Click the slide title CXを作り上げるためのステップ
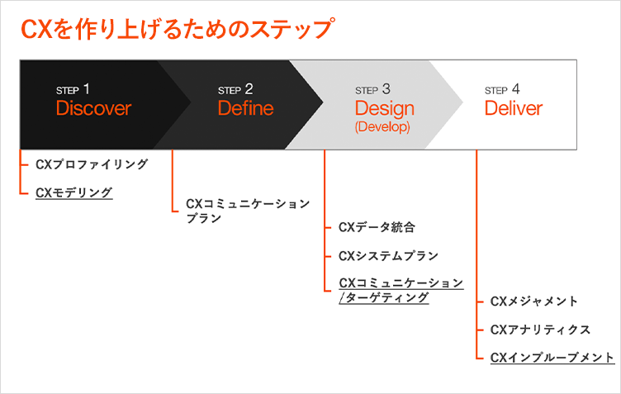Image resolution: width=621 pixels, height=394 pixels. (177, 30)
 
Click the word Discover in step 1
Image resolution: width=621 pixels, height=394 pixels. (93, 108)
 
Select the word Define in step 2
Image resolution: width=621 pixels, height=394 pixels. (245, 108)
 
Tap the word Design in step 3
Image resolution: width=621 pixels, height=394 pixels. (384, 108)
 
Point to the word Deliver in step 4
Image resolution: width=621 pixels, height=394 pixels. (514, 108)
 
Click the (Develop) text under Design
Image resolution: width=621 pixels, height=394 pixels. (382, 127)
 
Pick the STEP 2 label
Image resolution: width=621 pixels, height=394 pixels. (235, 89)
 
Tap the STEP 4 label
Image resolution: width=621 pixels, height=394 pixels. (502, 89)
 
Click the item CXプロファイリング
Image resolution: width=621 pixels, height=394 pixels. (92, 164)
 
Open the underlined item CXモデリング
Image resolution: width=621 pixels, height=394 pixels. (74, 192)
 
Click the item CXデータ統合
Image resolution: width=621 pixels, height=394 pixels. (377, 227)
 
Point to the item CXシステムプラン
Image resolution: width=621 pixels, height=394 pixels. (388, 256)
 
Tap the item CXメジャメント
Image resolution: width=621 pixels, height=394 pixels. (534, 301)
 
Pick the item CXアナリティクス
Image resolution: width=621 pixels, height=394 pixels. (540, 330)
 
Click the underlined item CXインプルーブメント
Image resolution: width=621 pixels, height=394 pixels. (552, 358)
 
